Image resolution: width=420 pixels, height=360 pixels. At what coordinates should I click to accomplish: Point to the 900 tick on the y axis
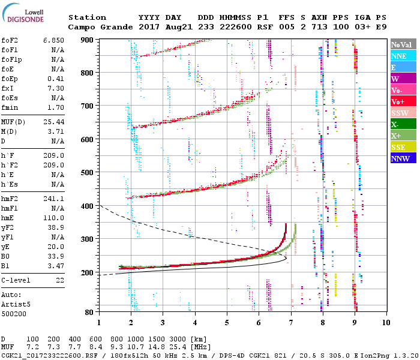[88, 40]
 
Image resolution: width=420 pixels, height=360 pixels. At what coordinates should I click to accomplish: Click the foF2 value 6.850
[53, 40]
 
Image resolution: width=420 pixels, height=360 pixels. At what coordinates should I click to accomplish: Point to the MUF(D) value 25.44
[53, 122]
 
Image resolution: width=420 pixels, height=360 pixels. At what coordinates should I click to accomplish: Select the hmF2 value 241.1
[53, 198]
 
